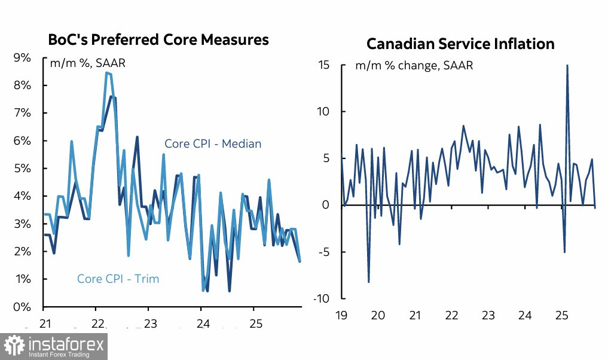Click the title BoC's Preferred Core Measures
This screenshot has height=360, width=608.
(x=158, y=40)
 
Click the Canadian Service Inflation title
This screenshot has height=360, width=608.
(x=460, y=44)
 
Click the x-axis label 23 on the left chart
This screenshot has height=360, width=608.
(x=149, y=324)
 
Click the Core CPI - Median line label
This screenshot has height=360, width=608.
(x=213, y=144)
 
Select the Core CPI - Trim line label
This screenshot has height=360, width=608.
(x=118, y=279)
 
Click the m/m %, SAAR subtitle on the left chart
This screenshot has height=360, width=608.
(x=87, y=63)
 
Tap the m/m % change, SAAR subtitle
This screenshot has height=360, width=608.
(x=414, y=66)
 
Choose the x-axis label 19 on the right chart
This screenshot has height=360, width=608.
(x=341, y=315)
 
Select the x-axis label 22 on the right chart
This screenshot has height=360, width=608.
(x=452, y=315)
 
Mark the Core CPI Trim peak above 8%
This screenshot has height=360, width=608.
(x=106, y=73)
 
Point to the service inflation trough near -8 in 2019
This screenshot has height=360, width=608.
(x=368, y=282)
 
